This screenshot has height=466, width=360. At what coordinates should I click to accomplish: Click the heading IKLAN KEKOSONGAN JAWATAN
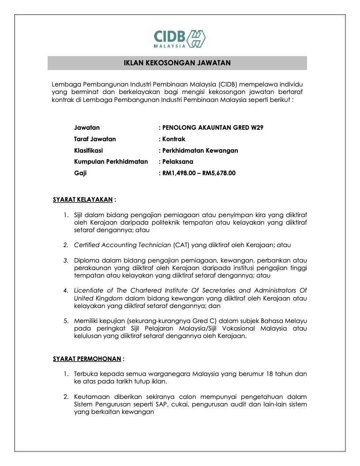(x=177, y=63)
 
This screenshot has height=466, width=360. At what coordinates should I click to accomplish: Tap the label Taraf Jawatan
(x=95, y=139)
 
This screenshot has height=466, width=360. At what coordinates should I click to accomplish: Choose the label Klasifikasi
(x=88, y=150)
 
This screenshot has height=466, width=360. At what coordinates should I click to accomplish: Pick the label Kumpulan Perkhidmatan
(x=111, y=162)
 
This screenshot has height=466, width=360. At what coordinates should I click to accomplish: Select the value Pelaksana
(x=178, y=162)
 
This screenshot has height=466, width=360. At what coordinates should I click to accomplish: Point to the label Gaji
(x=80, y=173)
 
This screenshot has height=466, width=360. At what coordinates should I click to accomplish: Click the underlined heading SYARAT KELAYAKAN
(x=82, y=199)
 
